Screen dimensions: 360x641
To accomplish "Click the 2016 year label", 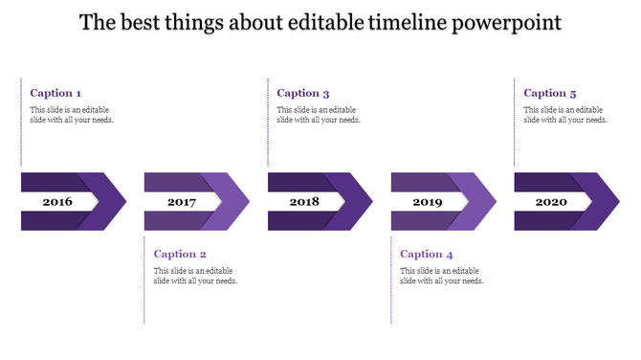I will click(57, 202).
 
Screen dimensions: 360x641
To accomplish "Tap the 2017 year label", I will click(181, 202).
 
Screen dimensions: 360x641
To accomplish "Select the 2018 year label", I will click(304, 202).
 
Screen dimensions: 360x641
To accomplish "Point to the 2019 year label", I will click(428, 202).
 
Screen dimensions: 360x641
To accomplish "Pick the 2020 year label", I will click(551, 202).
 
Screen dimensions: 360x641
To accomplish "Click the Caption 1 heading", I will click(55, 93).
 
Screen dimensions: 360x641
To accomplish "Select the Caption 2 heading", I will click(180, 254).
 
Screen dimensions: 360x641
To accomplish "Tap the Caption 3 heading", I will click(303, 93).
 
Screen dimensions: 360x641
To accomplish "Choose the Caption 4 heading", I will click(427, 254).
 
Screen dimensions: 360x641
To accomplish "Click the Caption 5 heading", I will click(550, 93).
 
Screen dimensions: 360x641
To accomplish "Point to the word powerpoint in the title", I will click(509, 22).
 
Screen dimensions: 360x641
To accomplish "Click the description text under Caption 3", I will click(319, 115).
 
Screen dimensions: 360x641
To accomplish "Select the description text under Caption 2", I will click(195, 276).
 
